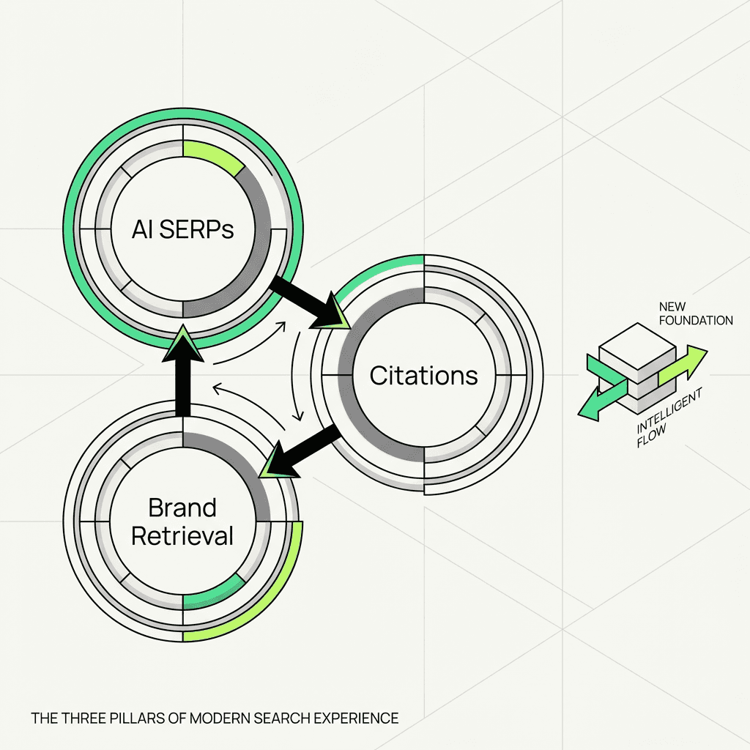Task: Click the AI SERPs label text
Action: (x=182, y=229)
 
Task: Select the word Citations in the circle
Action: (x=423, y=376)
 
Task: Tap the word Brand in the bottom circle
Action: (x=182, y=508)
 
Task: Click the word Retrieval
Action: (x=182, y=535)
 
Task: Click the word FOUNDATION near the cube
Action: (x=696, y=321)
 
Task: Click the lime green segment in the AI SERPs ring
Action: (x=212, y=155)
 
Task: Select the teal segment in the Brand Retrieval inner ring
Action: (x=214, y=592)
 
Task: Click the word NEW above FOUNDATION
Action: (x=672, y=306)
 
